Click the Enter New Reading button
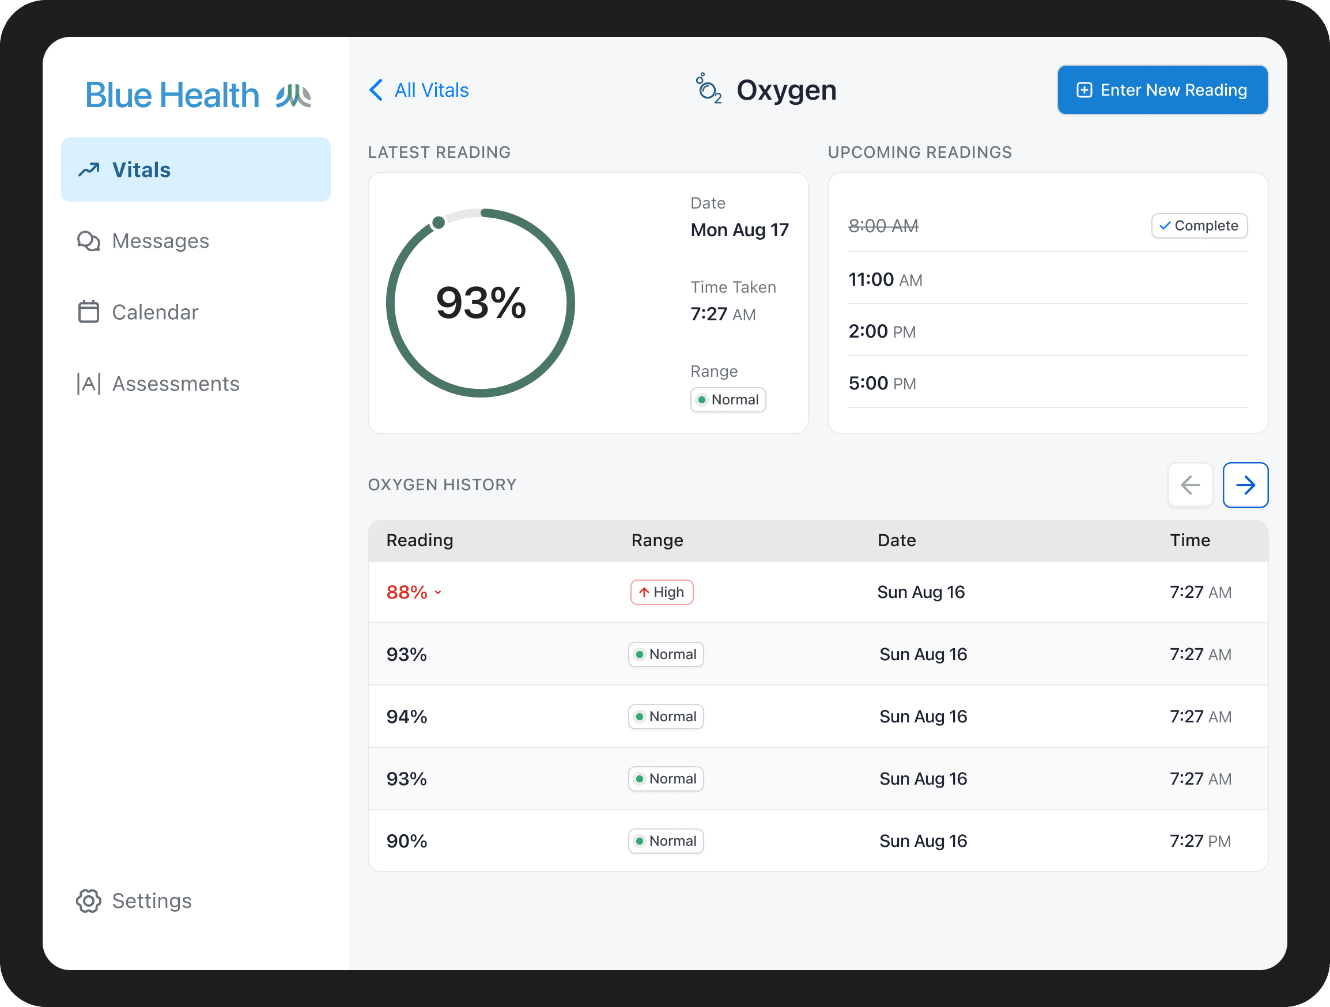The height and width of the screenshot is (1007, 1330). pyautogui.click(x=1162, y=90)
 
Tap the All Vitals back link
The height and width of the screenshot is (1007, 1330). pyautogui.click(x=419, y=90)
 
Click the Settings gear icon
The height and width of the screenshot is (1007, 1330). pyautogui.click(x=88, y=900)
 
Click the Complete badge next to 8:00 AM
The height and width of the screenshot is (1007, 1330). pyautogui.click(x=1199, y=226)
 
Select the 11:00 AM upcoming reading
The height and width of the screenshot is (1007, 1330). pyautogui.click(x=885, y=279)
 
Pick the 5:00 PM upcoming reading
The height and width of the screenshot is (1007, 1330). pyautogui.click(x=882, y=383)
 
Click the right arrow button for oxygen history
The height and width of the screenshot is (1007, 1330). pyautogui.click(x=1245, y=485)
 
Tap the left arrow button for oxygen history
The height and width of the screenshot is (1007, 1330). pyautogui.click(x=1190, y=485)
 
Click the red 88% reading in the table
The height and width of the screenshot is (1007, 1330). pyautogui.click(x=407, y=592)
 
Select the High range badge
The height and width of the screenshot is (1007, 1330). pyautogui.click(x=662, y=592)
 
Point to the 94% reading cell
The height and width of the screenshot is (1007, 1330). pyautogui.click(x=406, y=717)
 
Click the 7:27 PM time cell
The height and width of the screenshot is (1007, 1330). pyautogui.click(x=1200, y=841)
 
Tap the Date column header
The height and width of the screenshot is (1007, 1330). pyautogui.click(x=896, y=540)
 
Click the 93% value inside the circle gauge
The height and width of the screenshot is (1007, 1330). pyautogui.click(x=481, y=302)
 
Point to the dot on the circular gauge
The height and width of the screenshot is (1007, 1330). pyautogui.click(x=439, y=222)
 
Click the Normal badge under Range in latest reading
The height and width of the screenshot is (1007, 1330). pyautogui.click(x=728, y=400)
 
